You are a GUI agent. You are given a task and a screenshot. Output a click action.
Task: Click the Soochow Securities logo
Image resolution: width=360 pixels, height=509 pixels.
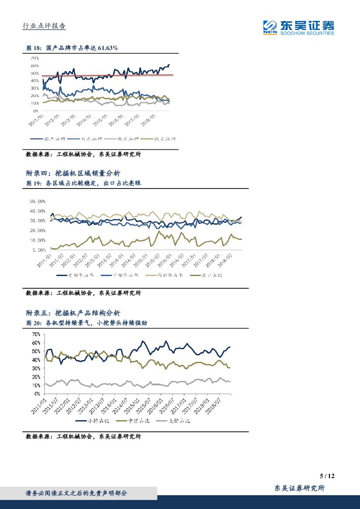pyautogui.click(x=299, y=27)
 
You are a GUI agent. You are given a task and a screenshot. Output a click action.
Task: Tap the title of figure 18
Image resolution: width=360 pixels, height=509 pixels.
pyautogui.click(x=72, y=48)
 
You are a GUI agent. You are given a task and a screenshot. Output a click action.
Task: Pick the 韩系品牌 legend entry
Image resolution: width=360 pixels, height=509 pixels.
pyautogui.click(x=126, y=139)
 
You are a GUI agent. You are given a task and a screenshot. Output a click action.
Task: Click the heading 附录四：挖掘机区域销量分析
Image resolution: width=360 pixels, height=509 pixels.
pyautogui.click(x=73, y=173)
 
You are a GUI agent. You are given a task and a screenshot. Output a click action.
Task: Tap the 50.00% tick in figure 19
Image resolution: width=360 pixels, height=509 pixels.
pyautogui.click(x=37, y=202)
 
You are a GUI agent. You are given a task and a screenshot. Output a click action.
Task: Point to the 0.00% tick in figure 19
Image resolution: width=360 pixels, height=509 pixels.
pyautogui.click(x=39, y=250)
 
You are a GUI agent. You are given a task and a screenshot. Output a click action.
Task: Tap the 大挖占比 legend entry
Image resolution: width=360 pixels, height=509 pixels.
pyautogui.click(x=174, y=421)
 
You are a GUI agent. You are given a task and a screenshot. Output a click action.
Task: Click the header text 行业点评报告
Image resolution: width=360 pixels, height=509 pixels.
pyautogui.click(x=44, y=26)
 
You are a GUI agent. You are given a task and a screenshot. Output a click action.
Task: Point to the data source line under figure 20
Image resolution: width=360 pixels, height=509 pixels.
pyautogui.click(x=84, y=436)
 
